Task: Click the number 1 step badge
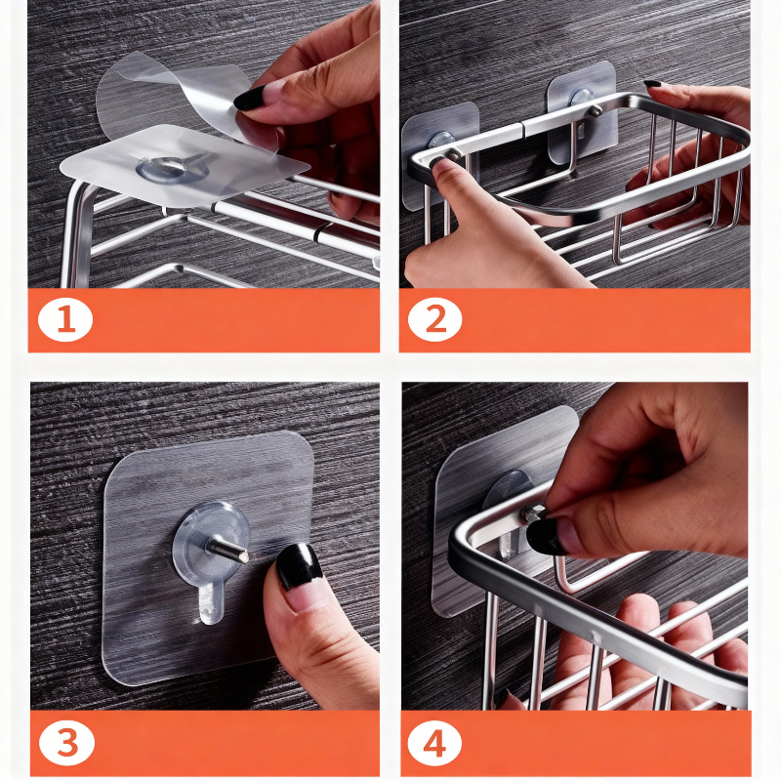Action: coord(65,319)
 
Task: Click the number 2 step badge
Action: coord(434,319)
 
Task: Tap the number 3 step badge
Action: coord(66,743)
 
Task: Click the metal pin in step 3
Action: coord(228,548)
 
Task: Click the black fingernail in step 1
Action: coord(250,99)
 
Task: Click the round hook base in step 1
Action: coord(172,169)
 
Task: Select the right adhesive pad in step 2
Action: coord(582,112)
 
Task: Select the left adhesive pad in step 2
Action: coord(439,155)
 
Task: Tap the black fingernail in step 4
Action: coord(547,536)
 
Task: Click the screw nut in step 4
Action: coord(533,514)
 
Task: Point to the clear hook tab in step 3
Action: coord(211,603)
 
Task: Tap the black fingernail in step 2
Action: coord(652,84)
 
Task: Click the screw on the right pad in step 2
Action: coord(595,111)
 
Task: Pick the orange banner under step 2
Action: coord(575,320)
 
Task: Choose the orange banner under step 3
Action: coord(205,743)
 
